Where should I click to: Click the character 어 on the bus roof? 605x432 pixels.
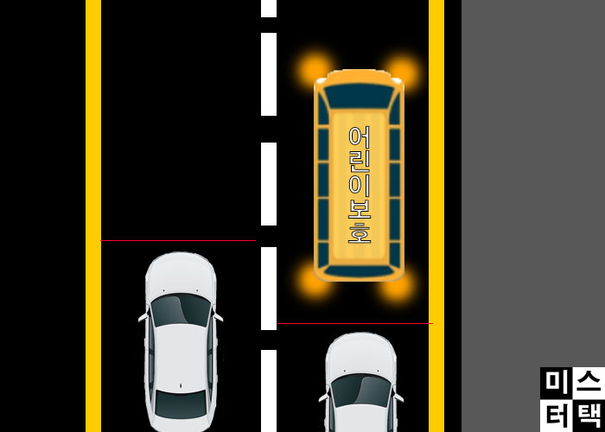359,137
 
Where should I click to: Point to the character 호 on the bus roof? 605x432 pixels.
359,232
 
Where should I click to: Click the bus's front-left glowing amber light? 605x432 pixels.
313,67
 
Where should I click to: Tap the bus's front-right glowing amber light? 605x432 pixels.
403,67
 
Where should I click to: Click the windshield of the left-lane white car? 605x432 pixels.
181,309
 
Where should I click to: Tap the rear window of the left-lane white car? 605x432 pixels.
181,402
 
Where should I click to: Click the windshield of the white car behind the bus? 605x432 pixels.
361,390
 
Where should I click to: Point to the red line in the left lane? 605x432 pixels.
178,241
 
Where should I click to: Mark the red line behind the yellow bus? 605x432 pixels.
354,324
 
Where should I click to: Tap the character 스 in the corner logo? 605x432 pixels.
588,382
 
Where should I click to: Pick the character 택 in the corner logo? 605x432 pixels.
588,416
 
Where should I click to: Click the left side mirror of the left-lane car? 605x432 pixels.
142,318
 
